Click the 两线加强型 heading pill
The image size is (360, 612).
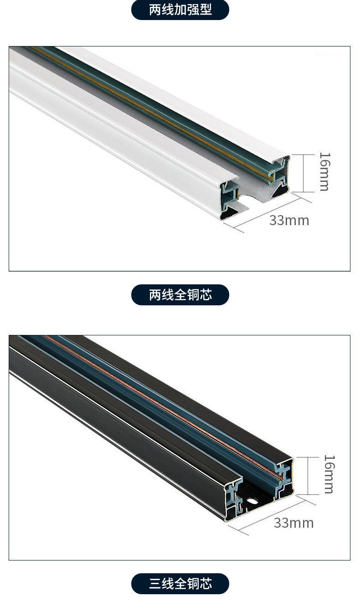pyautogui.click(x=180, y=10)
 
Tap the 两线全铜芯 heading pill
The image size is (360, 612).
pyautogui.click(x=180, y=295)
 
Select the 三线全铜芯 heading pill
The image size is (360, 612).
pyautogui.click(x=180, y=584)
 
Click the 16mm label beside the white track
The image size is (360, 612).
pyautogui.click(x=324, y=171)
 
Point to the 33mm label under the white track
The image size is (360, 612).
pyautogui.click(x=289, y=221)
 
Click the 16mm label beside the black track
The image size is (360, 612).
pyautogui.click(x=329, y=474)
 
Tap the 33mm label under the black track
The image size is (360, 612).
pyautogui.click(x=293, y=523)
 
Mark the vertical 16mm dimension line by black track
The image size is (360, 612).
pyautogui.click(x=308, y=476)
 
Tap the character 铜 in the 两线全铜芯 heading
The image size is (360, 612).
pyautogui.click(x=193, y=295)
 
